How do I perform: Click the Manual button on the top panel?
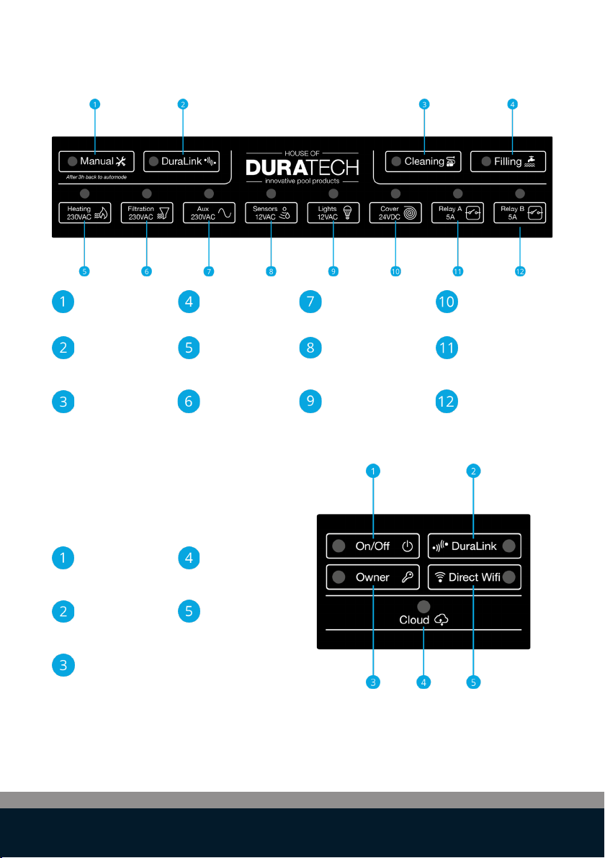point(97,161)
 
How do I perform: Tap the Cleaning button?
point(423,161)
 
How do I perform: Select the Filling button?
point(508,161)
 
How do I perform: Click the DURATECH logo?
point(302,168)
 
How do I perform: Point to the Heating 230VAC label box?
point(85,213)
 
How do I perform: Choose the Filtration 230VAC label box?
point(147,213)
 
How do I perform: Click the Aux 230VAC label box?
point(209,213)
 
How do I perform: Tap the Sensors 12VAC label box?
point(271,213)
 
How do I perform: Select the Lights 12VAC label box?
point(333,213)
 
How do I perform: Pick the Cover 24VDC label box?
point(395,213)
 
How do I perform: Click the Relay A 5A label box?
point(458,213)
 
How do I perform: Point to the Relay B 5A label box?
point(519,213)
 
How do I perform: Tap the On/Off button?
point(373,546)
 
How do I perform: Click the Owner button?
point(373,577)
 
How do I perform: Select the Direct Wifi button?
point(474,577)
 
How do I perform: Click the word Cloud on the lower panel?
point(414,620)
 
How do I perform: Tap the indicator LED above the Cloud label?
point(423,606)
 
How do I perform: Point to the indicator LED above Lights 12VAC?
point(333,194)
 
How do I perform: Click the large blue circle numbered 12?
point(447,402)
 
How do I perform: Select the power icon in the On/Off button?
point(408,546)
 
